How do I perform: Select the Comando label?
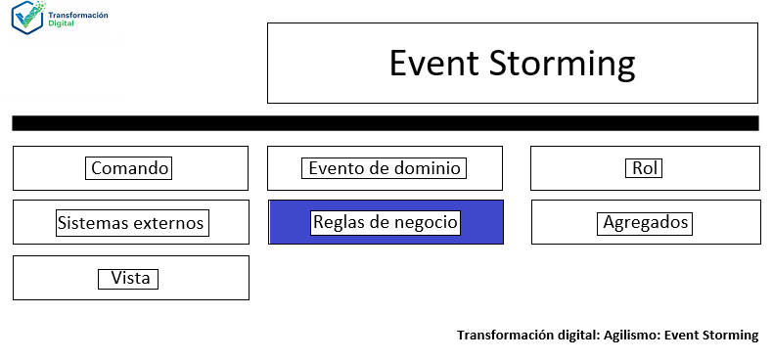(130, 168)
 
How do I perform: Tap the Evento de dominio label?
(385, 168)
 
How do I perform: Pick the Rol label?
(644, 168)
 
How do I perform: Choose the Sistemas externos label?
(131, 223)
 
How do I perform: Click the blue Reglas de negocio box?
(386, 222)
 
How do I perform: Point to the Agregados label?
(646, 223)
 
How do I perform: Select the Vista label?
(130, 279)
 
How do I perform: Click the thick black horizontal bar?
(386, 123)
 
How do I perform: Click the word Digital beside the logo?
(60, 24)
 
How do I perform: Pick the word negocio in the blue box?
(424, 222)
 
